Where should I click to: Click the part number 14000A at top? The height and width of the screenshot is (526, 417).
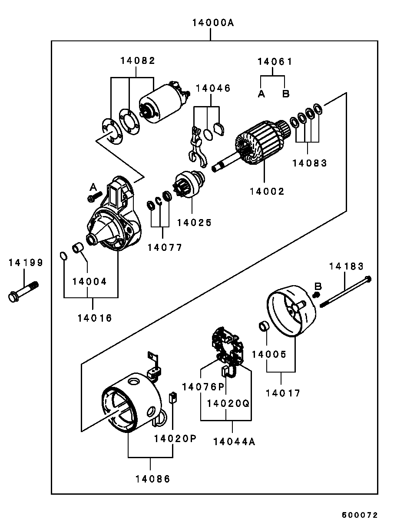pyautogui.click(x=213, y=23)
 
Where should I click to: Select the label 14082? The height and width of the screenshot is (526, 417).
pyautogui.click(x=138, y=61)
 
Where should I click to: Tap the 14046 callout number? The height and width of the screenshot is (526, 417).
pyautogui.click(x=213, y=88)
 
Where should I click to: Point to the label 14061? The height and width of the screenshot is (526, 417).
pyautogui.click(x=275, y=62)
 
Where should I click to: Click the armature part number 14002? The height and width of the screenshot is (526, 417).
pyautogui.click(x=267, y=191)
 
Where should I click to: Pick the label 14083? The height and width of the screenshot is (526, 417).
pyautogui.click(x=309, y=163)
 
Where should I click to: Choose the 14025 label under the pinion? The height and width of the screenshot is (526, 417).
pyautogui.click(x=194, y=223)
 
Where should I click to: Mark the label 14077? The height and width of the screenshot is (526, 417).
pyautogui.click(x=165, y=248)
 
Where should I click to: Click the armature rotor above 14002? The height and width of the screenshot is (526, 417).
pyautogui.click(x=261, y=141)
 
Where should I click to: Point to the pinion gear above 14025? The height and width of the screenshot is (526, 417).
pyautogui.click(x=189, y=185)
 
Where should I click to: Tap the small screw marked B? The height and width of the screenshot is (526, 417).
pyautogui.click(x=317, y=295)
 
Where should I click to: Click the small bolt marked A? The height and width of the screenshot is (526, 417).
pyautogui.click(x=94, y=197)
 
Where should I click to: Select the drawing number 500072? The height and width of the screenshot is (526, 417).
pyautogui.click(x=360, y=515)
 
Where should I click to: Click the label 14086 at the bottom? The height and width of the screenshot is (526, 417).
pyautogui.click(x=152, y=479)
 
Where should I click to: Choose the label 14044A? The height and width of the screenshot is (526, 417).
pyautogui.click(x=234, y=442)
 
